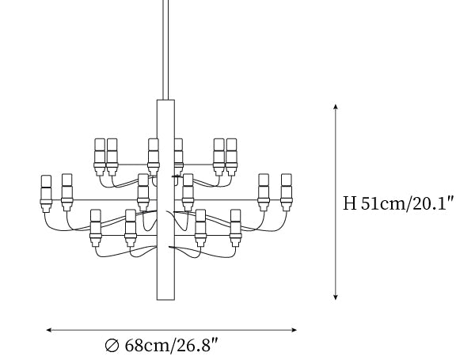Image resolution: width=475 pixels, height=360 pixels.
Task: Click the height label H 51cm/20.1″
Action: point(399,203)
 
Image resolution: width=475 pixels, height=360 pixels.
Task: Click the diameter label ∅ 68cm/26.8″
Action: point(161,345)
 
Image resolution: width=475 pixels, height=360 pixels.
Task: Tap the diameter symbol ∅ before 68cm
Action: point(112,346)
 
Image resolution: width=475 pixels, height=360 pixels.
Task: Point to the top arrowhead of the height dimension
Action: point(336,106)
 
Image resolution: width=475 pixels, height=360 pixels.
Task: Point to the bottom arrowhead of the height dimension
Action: point(336,297)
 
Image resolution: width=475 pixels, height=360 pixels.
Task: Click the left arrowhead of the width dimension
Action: point(49,330)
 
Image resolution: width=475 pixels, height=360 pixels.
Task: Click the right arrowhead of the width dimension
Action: point(294,330)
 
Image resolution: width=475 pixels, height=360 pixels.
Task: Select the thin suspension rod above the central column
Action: point(165,50)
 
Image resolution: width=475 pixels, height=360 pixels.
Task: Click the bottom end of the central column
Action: point(165,300)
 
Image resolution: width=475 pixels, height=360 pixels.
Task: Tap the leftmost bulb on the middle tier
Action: point(46,193)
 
